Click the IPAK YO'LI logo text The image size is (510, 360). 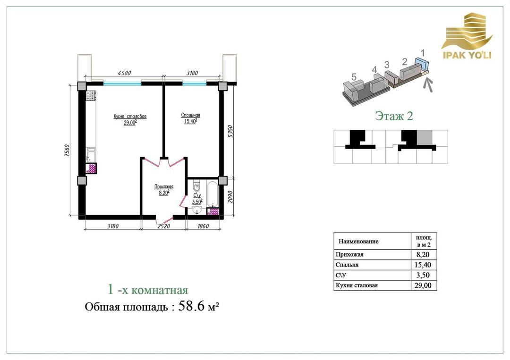(467, 55)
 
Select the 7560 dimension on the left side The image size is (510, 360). (67, 151)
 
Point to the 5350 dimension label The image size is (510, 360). (230, 131)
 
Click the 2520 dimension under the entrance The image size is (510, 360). (163, 226)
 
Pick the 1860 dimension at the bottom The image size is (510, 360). (203, 226)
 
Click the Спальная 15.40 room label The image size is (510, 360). (191, 118)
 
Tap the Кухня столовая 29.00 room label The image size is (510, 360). (130, 119)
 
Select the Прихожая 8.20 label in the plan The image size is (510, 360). (163, 190)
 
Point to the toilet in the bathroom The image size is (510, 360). (197, 187)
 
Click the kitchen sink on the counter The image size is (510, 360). (91, 155)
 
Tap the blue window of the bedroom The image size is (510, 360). (194, 84)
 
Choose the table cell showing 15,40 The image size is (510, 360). (423, 265)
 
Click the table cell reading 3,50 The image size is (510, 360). (423, 275)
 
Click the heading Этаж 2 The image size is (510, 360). (394, 116)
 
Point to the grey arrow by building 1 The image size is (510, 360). (429, 85)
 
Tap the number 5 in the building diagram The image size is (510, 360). (354, 77)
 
